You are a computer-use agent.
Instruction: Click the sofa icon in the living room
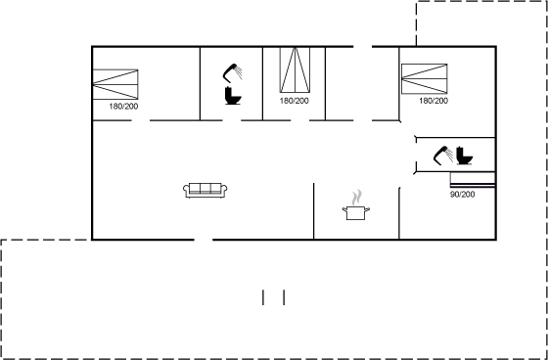click(x=205, y=190)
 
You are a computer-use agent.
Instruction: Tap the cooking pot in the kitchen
click(x=356, y=213)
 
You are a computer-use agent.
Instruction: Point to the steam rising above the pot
click(x=357, y=198)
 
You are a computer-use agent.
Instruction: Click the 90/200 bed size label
click(x=462, y=195)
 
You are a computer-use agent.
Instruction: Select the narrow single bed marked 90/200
click(x=473, y=180)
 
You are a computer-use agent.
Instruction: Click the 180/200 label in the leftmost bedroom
click(x=123, y=107)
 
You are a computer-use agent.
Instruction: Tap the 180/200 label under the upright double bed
click(x=294, y=101)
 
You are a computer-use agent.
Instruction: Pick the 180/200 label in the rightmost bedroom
click(x=434, y=101)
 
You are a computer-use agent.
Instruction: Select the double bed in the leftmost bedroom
click(x=115, y=84)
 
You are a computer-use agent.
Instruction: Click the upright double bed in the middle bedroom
click(x=295, y=69)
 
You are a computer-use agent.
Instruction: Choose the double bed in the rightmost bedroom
click(x=425, y=78)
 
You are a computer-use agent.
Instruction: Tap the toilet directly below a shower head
click(x=233, y=96)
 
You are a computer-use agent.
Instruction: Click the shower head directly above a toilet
click(x=233, y=72)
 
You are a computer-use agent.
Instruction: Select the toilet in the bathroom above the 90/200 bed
click(x=465, y=156)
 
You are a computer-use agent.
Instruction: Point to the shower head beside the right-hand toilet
click(x=442, y=156)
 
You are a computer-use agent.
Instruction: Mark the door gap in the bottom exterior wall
click(x=204, y=240)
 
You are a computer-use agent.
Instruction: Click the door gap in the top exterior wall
click(x=362, y=46)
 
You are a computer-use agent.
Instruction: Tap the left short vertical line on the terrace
click(x=263, y=297)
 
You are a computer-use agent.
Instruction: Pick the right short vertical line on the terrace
click(x=284, y=297)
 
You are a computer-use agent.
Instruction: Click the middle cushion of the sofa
click(x=205, y=188)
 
